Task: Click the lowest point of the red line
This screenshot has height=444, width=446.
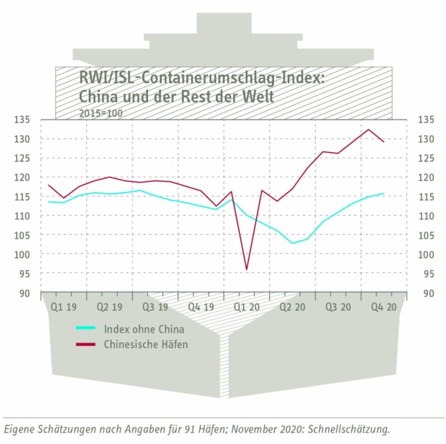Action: point(246,269)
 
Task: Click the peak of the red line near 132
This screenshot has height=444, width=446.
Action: point(369,129)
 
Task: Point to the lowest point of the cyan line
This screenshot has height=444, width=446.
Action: point(293,243)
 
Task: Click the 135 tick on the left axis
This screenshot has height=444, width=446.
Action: point(24,120)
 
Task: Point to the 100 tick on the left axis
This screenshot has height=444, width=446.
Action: point(24,255)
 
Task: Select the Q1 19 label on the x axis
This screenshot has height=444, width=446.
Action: point(63,307)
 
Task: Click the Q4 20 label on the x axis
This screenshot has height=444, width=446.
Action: point(383,307)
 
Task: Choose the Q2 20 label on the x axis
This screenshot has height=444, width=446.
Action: point(292,307)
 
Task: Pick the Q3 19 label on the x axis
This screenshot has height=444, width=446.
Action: point(155,307)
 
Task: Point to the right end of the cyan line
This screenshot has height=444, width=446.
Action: point(384,194)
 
